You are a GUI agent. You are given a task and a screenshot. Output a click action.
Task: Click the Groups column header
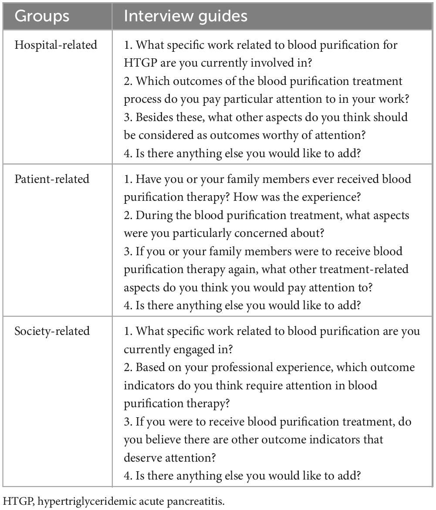point(42,16)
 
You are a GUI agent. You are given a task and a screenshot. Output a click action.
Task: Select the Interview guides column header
point(186,16)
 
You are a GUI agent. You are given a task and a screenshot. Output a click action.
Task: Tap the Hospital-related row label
point(56,45)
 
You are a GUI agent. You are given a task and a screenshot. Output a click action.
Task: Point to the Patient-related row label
point(52,179)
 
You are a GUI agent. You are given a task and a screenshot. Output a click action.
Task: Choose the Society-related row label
point(52,331)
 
